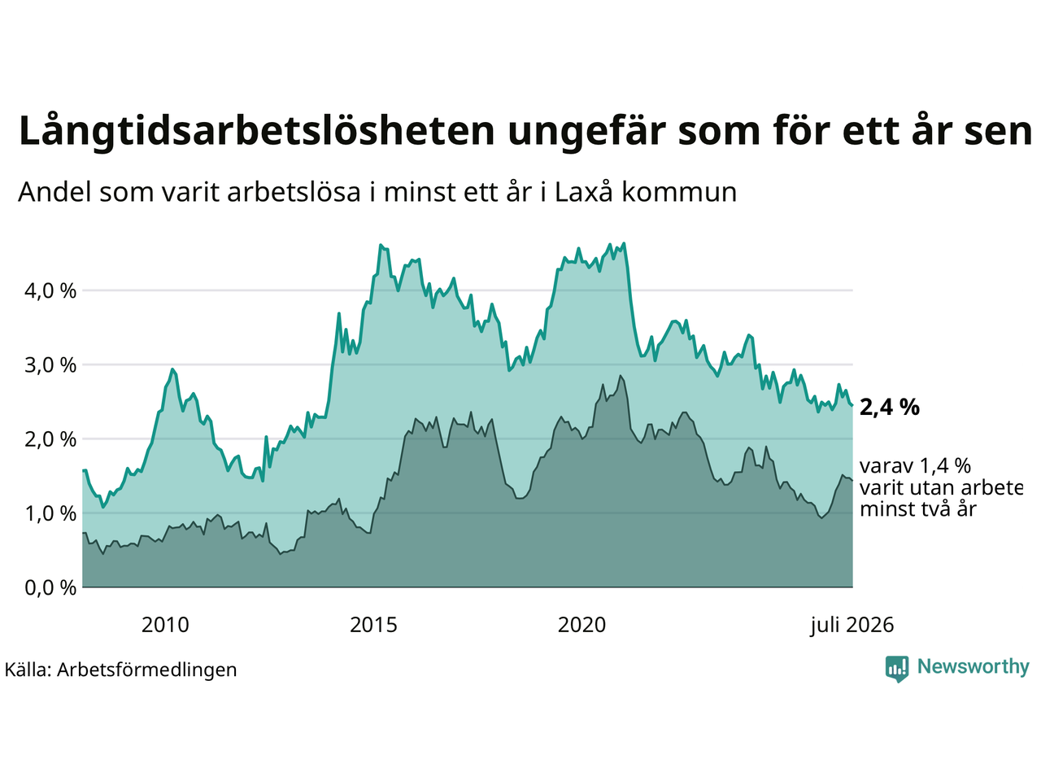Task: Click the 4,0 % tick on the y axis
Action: (50, 290)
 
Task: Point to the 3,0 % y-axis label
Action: (50, 365)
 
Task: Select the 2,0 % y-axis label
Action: (50, 439)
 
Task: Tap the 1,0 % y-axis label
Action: (50, 513)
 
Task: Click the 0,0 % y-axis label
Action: (50, 588)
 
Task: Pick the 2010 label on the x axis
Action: (165, 626)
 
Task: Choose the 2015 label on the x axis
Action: (373, 626)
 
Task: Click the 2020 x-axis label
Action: (581, 626)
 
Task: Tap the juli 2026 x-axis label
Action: (852, 626)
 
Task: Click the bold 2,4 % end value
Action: (889, 408)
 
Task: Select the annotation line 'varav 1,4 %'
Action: (915, 467)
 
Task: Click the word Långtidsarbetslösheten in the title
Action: (257, 131)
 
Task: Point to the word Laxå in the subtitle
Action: (583, 192)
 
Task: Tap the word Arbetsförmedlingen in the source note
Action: (146, 670)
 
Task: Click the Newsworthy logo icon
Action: (897, 669)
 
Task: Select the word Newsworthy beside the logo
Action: (973, 667)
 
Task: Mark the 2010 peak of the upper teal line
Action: (172, 369)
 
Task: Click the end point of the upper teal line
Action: (852, 405)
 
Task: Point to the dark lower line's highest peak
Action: (620, 376)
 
